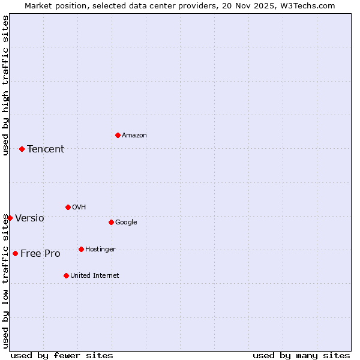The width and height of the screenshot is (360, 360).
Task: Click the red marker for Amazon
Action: (x=118, y=135)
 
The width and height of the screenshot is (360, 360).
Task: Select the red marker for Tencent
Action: (x=22, y=149)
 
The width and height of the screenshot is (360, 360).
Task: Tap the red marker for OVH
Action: (x=68, y=207)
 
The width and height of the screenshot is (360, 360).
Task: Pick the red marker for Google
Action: (x=111, y=222)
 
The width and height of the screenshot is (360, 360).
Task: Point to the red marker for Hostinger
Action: (x=81, y=249)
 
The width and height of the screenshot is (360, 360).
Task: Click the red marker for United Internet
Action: (x=66, y=275)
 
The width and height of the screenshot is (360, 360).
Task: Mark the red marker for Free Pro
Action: (x=15, y=253)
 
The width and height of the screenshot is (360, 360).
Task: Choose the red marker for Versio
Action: (x=10, y=218)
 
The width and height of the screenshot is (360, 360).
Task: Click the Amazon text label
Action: (x=134, y=136)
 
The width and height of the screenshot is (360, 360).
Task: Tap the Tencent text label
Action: (x=46, y=149)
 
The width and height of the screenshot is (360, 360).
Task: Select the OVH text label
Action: (x=79, y=208)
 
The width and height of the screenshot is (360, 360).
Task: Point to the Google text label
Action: (x=126, y=223)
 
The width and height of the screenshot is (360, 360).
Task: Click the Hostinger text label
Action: (x=100, y=250)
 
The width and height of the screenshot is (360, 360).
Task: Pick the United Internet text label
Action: (x=95, y=276)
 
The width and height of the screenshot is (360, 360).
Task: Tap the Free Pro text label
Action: (x=40, y=254)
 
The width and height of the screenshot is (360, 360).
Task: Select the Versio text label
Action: (x=29, y=218)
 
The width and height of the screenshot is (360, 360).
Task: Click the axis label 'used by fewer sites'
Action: (x=62, y=355)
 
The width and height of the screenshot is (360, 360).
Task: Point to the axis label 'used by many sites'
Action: (x=301, y=355)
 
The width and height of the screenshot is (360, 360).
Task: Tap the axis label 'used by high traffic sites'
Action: (x=5, y=85)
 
